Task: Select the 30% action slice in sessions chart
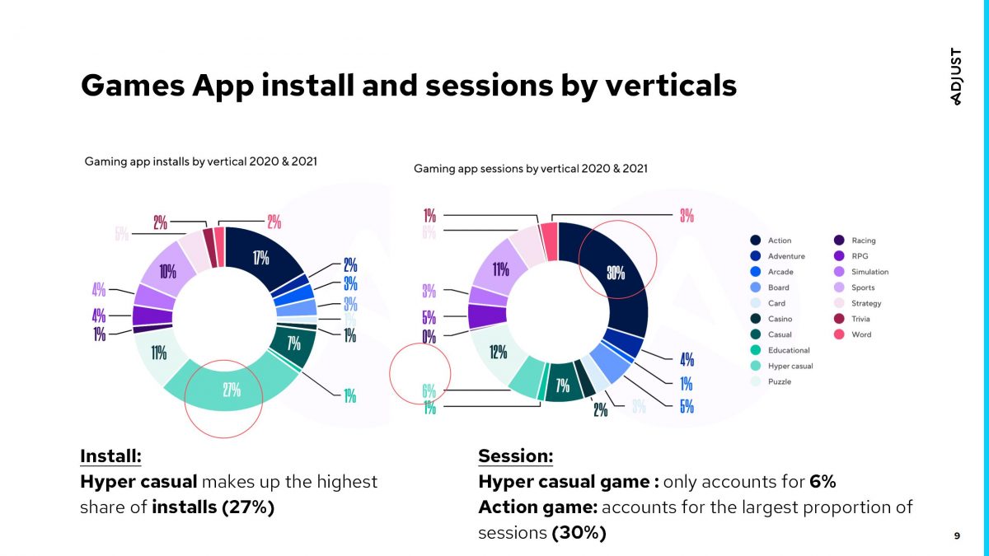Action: click(x=616, y=274)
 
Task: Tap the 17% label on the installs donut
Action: click(x=261, y=257)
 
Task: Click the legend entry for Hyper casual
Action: click(x=790, y=366)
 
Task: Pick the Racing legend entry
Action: click(x=863, y=241)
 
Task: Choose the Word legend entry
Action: click(x=860, y=334)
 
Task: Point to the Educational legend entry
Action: click(x=789, y=350)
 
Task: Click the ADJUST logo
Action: click(x=956, y=76)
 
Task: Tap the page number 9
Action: click(x=957, y=536)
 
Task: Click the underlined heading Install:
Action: click(x=110, y=456)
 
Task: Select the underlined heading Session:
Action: click(x=515, y=456)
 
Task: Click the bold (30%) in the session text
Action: click(x=579, y=532)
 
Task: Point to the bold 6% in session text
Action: click(x=823, y=481)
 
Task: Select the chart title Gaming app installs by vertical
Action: click(x=200, y=161)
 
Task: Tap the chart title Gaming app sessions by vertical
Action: click(x=530, y=168)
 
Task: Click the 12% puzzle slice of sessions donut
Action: click(x=497, y=353)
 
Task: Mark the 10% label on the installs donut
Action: click(x=167, y=269)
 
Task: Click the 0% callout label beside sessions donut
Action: click(x=429, y=336)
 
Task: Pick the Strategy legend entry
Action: click(x=865, y=303)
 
